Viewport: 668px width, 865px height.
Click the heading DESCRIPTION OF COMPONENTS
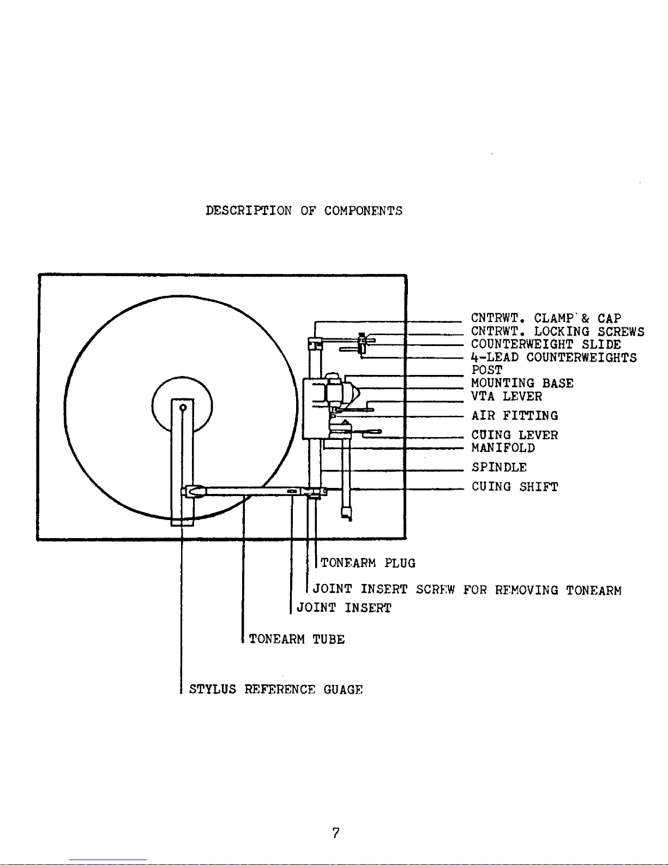[304, 211]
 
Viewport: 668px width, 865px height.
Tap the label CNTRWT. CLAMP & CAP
[546, 319]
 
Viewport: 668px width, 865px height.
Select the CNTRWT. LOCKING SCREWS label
[557, 332]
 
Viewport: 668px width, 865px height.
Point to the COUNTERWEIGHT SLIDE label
[546, 345]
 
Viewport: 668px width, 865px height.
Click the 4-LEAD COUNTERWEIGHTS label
[554, 357]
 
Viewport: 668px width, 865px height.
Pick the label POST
[487, 370]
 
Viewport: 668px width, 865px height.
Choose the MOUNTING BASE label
[522, 383]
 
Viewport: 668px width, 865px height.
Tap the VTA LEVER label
[507, 396]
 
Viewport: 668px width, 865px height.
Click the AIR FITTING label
[515, 416]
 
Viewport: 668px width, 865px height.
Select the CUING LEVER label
[515, 435]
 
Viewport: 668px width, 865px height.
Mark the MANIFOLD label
[503, 448]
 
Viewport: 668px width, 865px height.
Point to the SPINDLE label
[499, 467]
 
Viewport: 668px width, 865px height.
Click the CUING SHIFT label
[515, 487]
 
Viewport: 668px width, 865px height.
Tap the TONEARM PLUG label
[368, 563]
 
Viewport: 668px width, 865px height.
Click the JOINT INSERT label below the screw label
[344, 608]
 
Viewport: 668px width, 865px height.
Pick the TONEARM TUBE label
[297, 639]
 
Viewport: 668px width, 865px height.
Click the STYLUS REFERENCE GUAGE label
[275, 689]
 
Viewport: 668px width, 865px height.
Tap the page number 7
[336, 833]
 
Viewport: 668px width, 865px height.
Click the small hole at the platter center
[183, 408]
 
